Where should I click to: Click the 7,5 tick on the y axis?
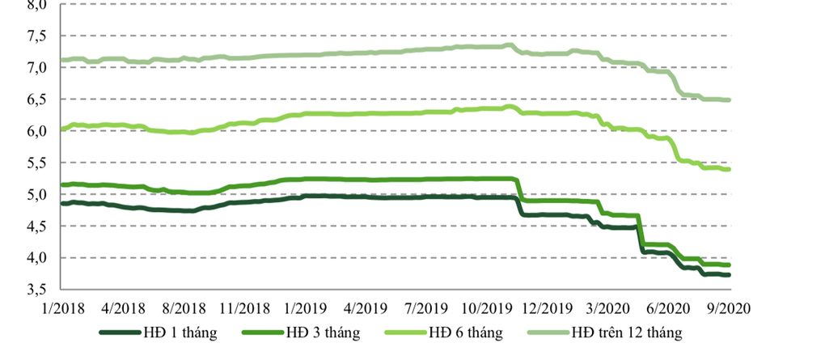pos(37,36)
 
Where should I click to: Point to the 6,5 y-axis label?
pos(37,100)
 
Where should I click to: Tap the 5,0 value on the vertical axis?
pos(37,195)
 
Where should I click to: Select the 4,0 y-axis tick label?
pos(37,258)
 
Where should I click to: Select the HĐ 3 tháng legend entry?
pos(322,332)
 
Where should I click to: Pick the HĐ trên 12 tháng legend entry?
pos(627,332)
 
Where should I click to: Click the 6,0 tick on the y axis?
pos(37,131)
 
